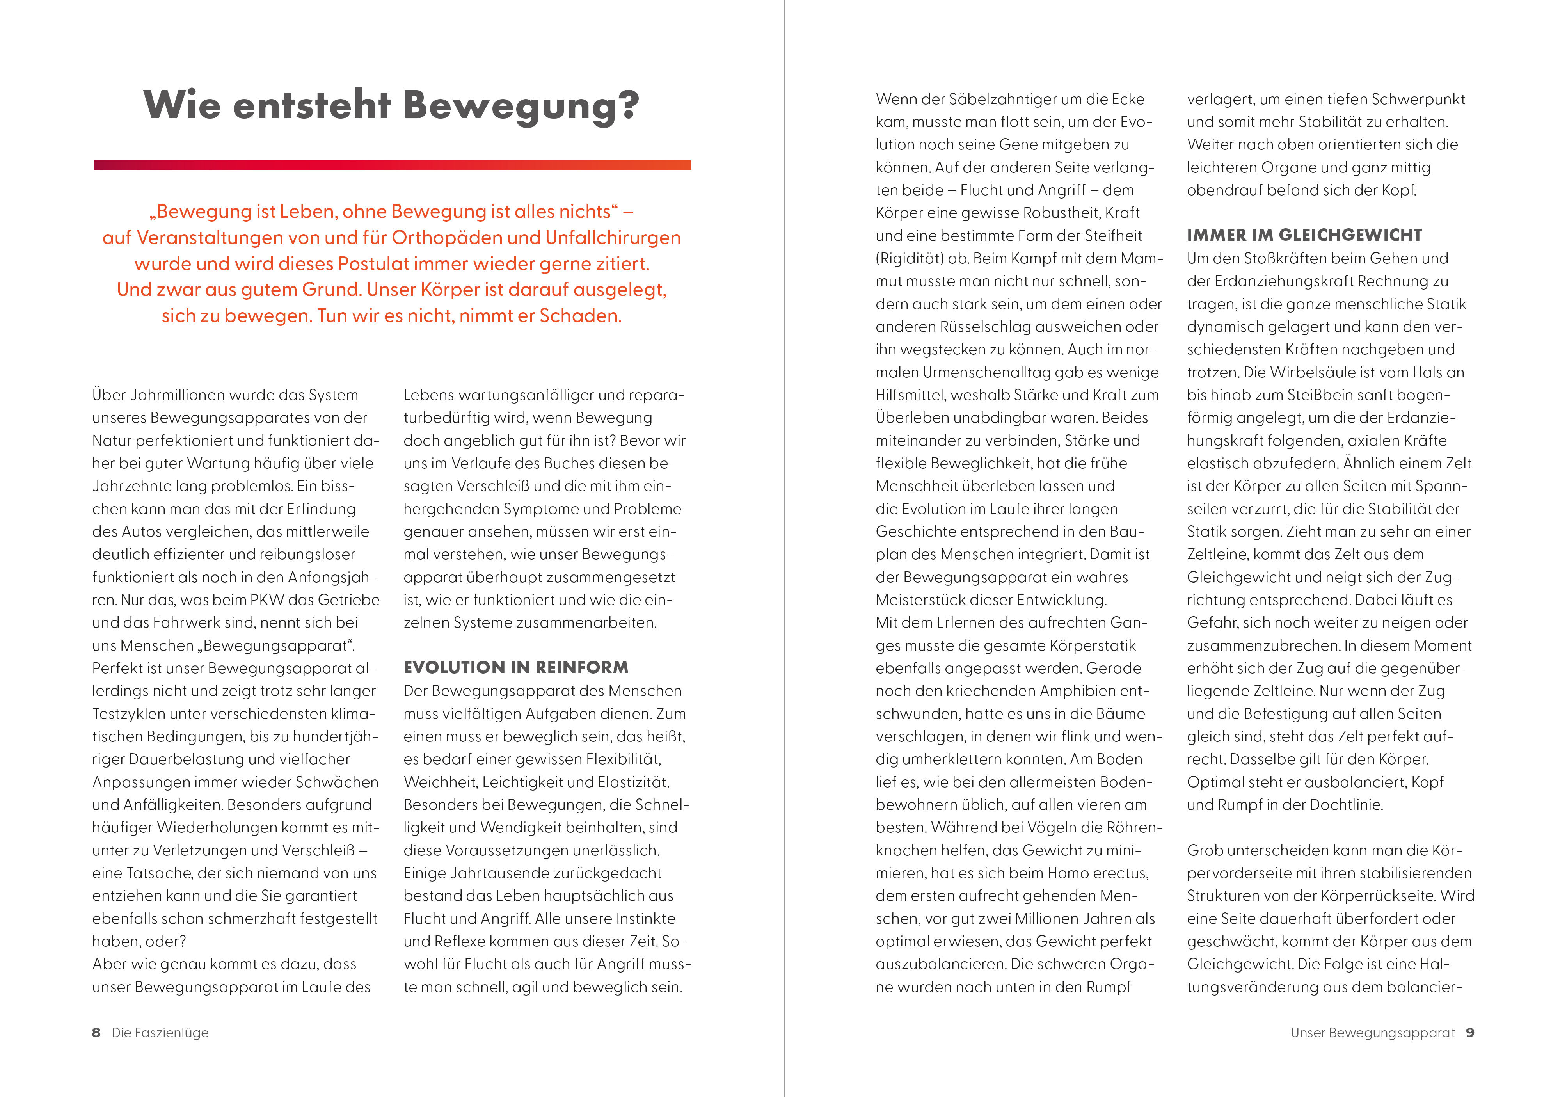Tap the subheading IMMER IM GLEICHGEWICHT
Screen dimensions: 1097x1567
tap(1304, 235)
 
